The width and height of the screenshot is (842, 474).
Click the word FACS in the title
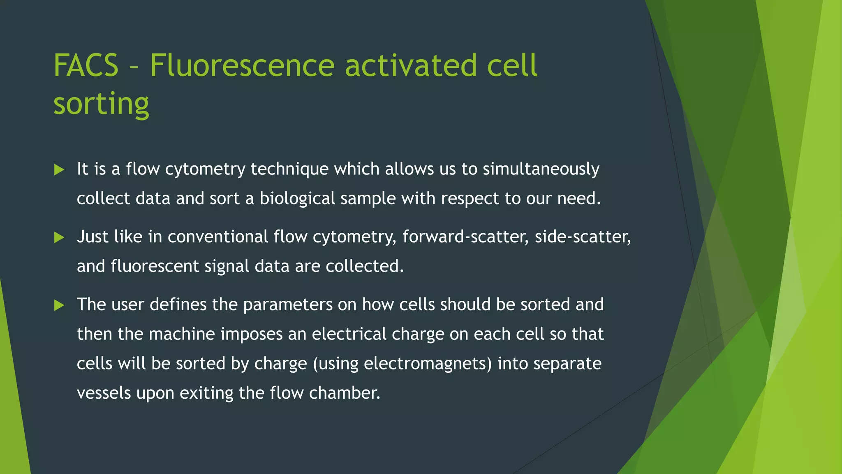[86, 66]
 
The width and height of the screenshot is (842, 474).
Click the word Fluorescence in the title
[242, 66]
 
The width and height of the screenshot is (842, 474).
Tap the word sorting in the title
[101, 104]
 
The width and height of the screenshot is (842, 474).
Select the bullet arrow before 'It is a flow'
[59, 170]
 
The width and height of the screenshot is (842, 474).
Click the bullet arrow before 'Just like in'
[59, 237]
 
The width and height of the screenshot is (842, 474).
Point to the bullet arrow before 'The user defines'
[59, 305]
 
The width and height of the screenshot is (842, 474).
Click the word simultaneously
[541, 170]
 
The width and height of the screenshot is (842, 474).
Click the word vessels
[104, 393]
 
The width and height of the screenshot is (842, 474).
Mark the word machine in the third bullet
[182, 334]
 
